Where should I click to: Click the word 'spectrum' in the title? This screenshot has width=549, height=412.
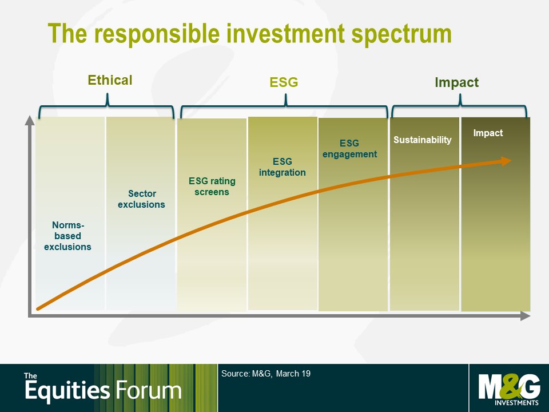tap(401, 35)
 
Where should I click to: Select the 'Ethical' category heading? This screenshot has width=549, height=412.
tap(110, 80)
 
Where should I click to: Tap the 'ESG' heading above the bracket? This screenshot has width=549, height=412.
tap(284, 82)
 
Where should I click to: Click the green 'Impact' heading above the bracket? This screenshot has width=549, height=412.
tap(456, 82)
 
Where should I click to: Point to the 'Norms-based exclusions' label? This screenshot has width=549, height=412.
tap(67, 236)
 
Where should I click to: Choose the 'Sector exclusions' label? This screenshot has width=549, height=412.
tap(141, 199)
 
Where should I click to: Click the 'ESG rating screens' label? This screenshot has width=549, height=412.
tap(212, 187)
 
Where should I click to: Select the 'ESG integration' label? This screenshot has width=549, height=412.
tap(282, 167)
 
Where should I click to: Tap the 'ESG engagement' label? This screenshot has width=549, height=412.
tap(349, 149)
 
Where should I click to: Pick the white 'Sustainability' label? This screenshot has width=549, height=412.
tap(422, 140)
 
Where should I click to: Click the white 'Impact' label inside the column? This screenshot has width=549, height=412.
tap(488, 133)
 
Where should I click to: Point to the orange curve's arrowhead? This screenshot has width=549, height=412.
tap(507, 161)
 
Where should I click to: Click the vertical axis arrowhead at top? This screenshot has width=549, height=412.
tap(30, 120)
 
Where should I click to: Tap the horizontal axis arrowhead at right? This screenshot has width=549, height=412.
tap(525, 316)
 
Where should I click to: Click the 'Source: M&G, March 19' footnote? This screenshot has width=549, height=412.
tap(266, 374)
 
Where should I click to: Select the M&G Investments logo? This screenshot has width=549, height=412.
tap(509, 390)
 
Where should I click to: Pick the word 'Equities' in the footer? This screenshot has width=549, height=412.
tap(67, 391)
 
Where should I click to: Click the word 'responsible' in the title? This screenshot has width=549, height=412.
tap(157, 34)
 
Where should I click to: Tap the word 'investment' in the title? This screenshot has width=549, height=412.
tap(286, 34)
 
